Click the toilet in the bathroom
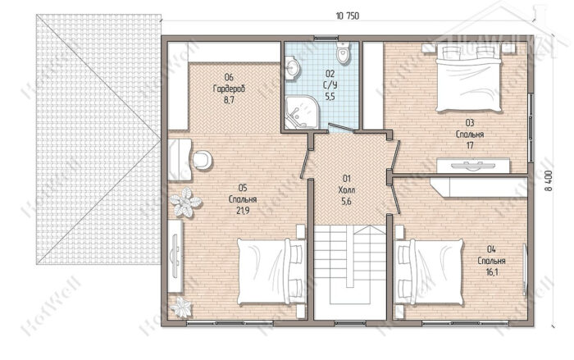343,53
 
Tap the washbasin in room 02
293,68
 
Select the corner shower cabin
301,112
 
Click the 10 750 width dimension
348,16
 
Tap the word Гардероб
229,89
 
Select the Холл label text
347,190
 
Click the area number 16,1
492,272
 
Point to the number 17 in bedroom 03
470,145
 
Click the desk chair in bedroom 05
202,160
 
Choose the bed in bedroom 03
468,78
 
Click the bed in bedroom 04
428,271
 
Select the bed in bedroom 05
271,271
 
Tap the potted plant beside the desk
185,203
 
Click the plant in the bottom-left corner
181,307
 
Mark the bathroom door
343,128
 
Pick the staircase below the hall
350,271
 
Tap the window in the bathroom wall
325,38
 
